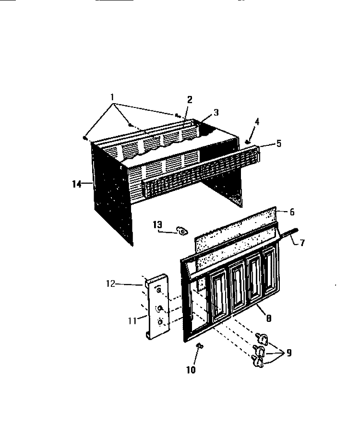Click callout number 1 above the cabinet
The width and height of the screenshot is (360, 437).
pyautogui.click(x=112, y=97)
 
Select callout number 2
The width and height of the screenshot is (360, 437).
pyautogui.click(x=190, y=99)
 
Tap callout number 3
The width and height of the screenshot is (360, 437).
pyautogui.click(x=216, y=112)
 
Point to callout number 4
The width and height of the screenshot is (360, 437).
pyautogui.click(x=257, y=121)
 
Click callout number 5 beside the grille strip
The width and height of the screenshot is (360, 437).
pyautogui.click(x=279, y=143)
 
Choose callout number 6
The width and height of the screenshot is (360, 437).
pyautogui.click(x=292, y=212)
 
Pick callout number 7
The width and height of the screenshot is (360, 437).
pyautogui.click(x=302, y=243)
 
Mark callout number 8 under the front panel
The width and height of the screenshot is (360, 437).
pyautogui.click(x=268, y=318)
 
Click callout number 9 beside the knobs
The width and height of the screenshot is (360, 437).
pyautogui.click(x=289, y=353)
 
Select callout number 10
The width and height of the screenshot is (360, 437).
pyautogui.click(x=191, y=370)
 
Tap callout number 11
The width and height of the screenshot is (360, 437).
pyautogui.click(x=132, y=321)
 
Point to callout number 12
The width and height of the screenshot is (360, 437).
pyautogui.click(x=110, y=283)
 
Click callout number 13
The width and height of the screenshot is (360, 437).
pyautogui.click(x=157, y=224)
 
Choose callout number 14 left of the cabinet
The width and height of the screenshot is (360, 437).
pyautogui.click(x=77, y=184)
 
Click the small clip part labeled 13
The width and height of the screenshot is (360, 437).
pyautogui.click(x=181, y=231)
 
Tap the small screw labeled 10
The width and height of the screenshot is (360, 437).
pyautogui.click(x=200, y=345)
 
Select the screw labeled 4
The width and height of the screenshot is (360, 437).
pyautogui.click(x=247, y=142)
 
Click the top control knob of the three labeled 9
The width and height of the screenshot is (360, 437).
pyautogui.click(x=262, y=338)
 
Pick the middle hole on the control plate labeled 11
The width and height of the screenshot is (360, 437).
pyautogui.click(x=160, y=308)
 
